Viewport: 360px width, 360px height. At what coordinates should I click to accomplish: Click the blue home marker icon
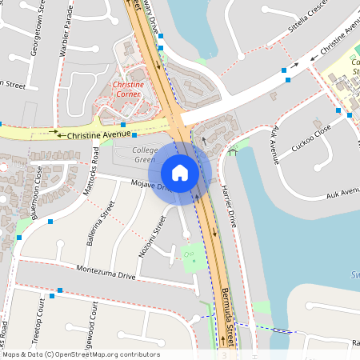[180, 173]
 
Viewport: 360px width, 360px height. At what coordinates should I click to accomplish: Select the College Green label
[144, 155]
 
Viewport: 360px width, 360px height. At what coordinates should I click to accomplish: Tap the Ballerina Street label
[100, 223]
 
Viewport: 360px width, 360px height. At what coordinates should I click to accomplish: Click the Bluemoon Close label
[38, 193]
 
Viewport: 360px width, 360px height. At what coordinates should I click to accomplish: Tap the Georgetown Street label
[34, 33]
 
